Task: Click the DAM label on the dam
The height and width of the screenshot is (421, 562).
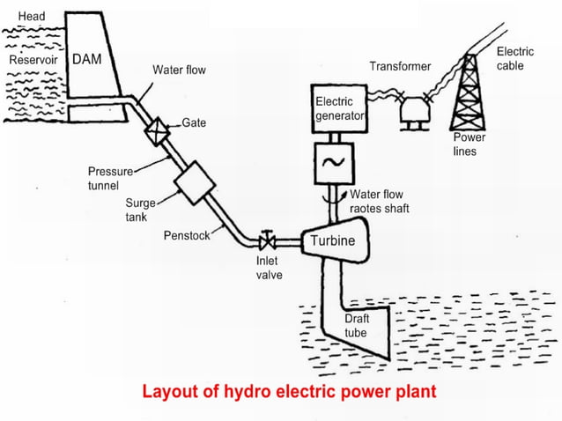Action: [x=87, y=60]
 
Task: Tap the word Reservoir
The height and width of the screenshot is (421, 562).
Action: [x=32, y=60]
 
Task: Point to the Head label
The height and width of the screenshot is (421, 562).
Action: [x=32, y=17]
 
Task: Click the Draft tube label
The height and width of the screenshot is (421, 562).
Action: [x=356, y=326]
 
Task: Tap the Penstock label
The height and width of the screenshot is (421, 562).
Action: [x=186, y=236]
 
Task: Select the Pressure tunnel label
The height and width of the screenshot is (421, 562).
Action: [x=109, y=177]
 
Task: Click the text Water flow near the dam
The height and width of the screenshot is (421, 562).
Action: [x=179, y=70]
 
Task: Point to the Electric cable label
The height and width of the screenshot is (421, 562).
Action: [x=514, y=59]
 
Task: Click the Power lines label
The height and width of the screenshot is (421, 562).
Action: [x=469, y=144]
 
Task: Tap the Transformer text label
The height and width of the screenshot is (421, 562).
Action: [x=400, y=67]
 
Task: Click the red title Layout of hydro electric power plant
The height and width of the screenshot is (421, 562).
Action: [x=289, y=389]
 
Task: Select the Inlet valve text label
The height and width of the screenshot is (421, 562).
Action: [x=268, y=267]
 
